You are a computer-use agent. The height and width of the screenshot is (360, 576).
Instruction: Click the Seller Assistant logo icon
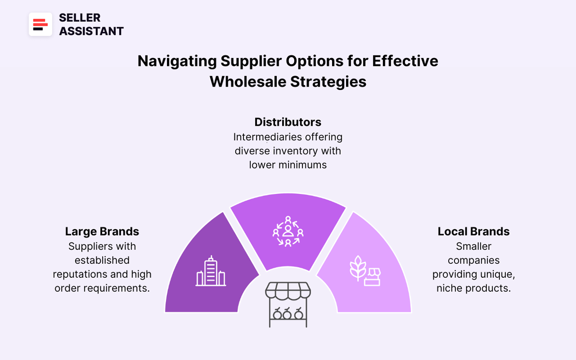[40, 24]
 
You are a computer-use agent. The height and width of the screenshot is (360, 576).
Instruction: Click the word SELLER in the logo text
[80, 18]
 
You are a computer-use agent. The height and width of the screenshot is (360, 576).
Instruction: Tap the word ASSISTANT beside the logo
[91, 31]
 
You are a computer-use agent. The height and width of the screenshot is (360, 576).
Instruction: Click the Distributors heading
[288, 122]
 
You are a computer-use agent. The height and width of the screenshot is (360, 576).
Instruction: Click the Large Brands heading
[102, 231]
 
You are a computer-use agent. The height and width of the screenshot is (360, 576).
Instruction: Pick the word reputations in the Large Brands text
[79, 274]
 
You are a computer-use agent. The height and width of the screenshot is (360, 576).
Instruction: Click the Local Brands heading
[473, 231]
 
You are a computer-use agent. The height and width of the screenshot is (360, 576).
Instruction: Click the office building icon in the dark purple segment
[211, 271]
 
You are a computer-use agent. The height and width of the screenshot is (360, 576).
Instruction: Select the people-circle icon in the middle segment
[288, 231]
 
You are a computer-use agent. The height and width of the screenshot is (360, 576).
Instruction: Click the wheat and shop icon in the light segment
[365, 270]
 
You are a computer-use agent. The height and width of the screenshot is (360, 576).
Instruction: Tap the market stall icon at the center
[288, 305]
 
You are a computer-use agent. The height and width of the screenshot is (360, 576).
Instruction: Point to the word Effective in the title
[405, 61]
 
